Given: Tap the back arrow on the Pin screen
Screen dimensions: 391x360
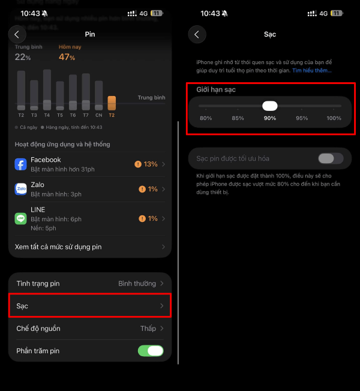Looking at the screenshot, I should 17,34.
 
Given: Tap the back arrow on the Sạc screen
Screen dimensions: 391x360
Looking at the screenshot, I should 197,34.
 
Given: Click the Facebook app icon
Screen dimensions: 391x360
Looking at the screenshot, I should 21,164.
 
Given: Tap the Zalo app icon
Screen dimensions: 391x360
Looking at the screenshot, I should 21,190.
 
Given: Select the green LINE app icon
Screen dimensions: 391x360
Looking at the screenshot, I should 21,219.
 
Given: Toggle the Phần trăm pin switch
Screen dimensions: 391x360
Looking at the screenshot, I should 151,351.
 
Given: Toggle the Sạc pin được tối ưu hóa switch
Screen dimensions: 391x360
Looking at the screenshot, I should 331,158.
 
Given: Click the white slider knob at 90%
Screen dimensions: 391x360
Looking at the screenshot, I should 270,106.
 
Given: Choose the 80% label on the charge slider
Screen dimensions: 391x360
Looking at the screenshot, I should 206,118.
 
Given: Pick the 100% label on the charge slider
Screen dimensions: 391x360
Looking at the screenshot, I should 334,118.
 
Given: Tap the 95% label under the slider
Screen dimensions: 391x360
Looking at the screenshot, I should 302,118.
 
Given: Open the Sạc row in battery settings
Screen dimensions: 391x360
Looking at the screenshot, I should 90,306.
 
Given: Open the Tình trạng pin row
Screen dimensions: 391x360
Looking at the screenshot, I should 90,283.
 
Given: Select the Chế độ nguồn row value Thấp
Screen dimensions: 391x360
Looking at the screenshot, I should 148,329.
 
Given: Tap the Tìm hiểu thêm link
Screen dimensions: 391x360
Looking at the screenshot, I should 311,71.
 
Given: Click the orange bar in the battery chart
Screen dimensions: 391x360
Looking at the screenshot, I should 112,103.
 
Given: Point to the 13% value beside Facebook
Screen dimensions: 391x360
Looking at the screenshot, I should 150,164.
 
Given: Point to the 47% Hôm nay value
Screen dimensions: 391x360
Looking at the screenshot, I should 67,57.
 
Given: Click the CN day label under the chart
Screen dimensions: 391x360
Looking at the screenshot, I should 98,115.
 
